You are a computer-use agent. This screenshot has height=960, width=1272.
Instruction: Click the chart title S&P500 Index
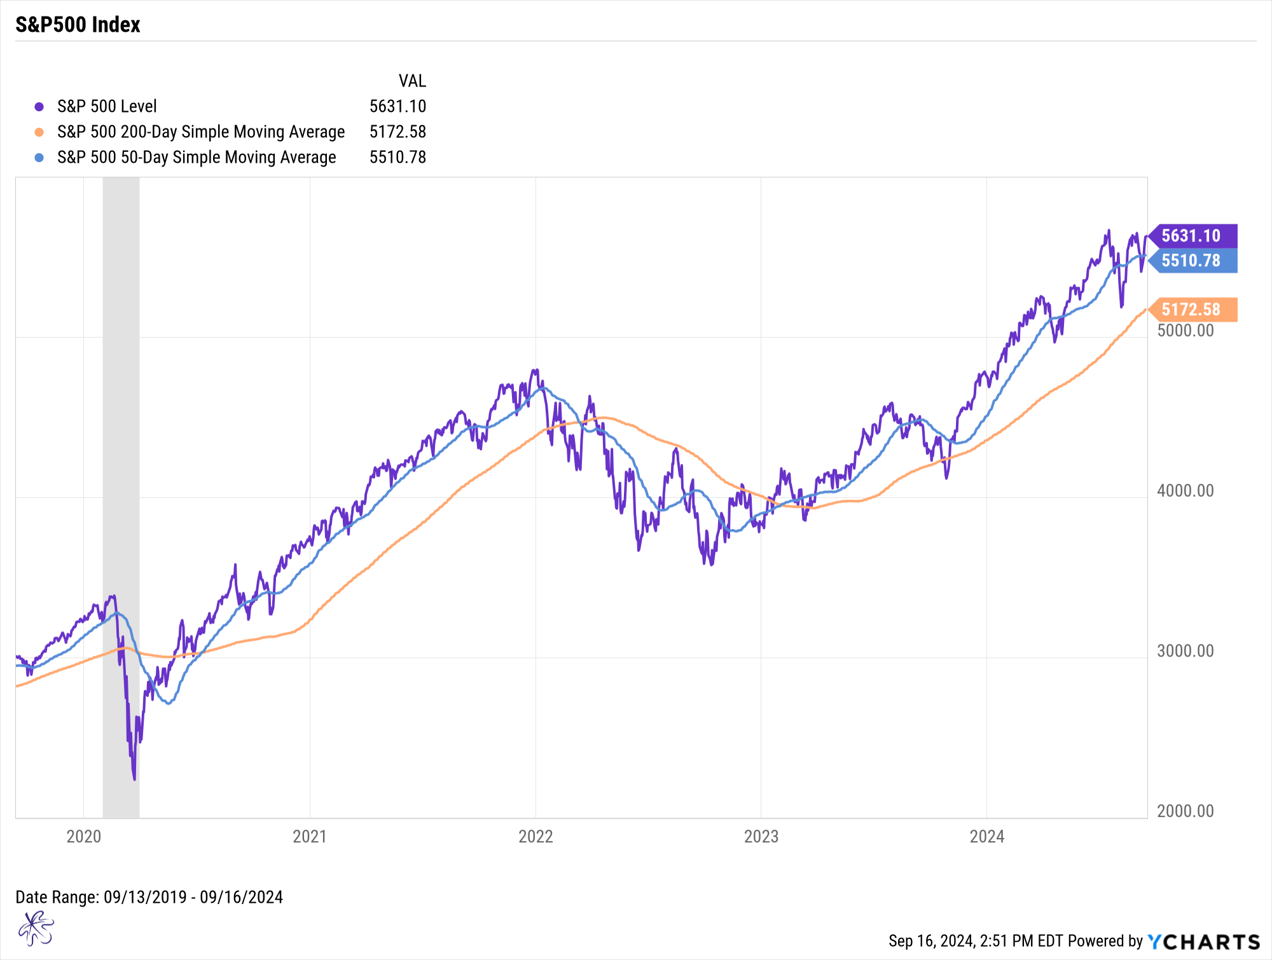pyautogui.click(x=78, y=25)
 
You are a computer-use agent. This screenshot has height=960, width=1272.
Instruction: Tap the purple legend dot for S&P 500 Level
pyautogui.click(x=39, y=107)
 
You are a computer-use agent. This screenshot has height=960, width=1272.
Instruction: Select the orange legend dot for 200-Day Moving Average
pyautogui.click(x=39, y=132)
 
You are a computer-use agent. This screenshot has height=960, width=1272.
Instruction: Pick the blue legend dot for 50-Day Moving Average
pyautogui.click(x=39, y=158)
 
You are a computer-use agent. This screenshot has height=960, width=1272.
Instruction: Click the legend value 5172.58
pyautogui.click(x=397, y=132)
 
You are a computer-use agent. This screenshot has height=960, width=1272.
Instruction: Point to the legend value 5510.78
pyautogui.click(x=397, y=158)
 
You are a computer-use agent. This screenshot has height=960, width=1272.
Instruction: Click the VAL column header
pyautogui.click(x=412, y=81)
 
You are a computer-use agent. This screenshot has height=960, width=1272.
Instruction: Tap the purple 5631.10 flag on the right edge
pyautogui.click(x=1192, y=236)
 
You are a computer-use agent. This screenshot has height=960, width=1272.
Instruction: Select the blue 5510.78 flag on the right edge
pyautogui.click(x=1192, y=261)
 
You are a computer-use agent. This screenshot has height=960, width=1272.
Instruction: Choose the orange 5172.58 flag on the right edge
pyautogui.click(x=1192, y=310)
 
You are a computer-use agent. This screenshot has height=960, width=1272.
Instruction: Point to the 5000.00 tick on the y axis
pyautogui.click(x=1185, y=331)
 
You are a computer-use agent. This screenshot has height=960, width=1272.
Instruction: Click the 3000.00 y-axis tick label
pyautogui.click(x=1185, y=651)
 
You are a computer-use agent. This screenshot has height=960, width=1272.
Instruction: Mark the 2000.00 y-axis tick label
pyautogui.click(x=1185, y=811)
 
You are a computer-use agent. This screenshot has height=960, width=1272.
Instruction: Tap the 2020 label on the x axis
pyautogui.click(x=84, y=837)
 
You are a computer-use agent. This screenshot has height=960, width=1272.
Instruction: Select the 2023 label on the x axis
pyautogui.click(x=761, y=837)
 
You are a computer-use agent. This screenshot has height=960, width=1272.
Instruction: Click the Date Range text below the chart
pyautogui.click(x=149, y=897)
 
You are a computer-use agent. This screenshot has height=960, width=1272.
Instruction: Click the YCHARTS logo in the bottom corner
pyautogui.click(x=1204, y=942)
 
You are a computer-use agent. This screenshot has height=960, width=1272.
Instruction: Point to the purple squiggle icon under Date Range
pyautogui.click(x=36, y=929)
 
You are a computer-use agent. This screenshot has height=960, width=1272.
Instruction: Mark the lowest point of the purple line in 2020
pyautogui.click(x=134, y=779)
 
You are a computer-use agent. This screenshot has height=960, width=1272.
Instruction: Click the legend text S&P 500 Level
pyautogui.click(x=107, y=107)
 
